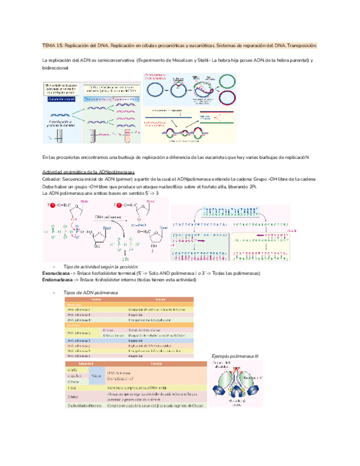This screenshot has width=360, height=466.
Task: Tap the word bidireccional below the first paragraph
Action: pos(55,66)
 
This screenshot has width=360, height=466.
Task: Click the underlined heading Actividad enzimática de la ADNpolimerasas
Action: pos(92,171)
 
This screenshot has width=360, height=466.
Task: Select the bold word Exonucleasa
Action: pos(58,273)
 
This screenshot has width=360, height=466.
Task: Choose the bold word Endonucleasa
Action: pos(60,280)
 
